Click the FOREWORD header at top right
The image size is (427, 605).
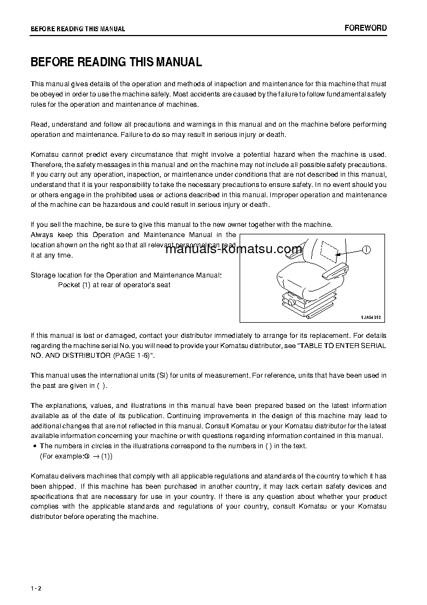366,28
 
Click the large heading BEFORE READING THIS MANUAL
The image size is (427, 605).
116,62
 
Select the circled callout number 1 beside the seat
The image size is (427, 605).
366,249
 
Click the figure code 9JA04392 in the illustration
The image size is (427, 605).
370,317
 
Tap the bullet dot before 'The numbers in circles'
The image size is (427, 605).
34,446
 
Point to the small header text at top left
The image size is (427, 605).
78,29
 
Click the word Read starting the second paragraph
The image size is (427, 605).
39,124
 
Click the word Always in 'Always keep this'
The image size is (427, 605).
42,235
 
